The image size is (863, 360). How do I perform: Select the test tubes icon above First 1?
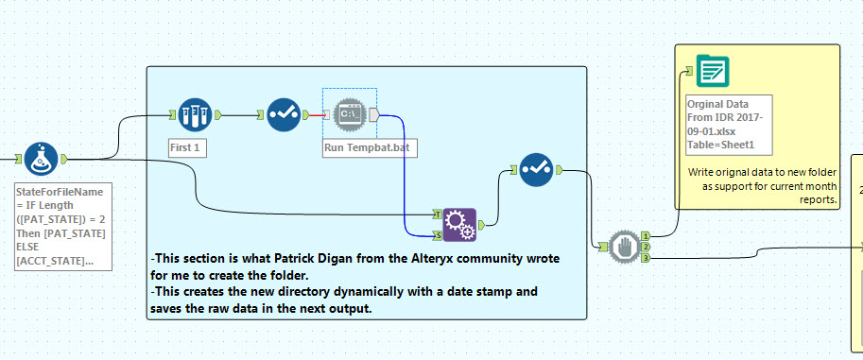pos(193,115)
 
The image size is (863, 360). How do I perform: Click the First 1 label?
pos(181,148)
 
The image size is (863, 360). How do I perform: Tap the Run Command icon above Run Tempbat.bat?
pos(349,114)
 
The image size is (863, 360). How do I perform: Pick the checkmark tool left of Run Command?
pos(283,115)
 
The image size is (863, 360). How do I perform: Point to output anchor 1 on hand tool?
pos(646,235)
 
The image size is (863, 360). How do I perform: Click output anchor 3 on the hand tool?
pos(646,257)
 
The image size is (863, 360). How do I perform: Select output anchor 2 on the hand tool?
pos(646,246)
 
